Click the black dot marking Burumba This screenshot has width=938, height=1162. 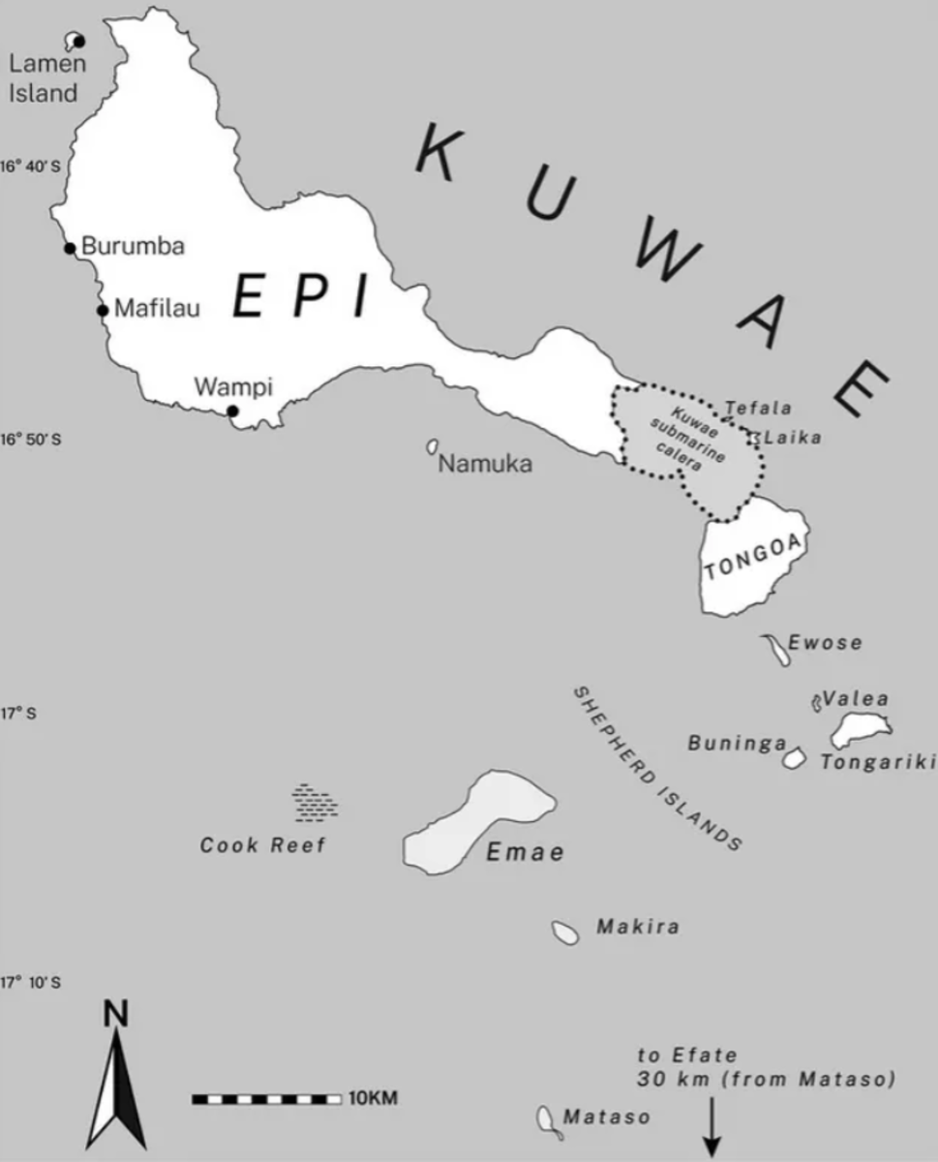[x=70, y=248]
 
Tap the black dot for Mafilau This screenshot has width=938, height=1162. [x=103, y=310]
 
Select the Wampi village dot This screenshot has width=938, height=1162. [x=232, y=411]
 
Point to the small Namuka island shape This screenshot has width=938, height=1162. [x=433, y=446]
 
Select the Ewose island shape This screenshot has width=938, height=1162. [x=776, y=648]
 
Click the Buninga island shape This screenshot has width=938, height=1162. [x=794, y=758]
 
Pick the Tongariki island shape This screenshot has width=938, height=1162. [x=859, y=729]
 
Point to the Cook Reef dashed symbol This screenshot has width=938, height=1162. [x=315, y=801]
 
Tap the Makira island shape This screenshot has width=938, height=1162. [x=565, y=933]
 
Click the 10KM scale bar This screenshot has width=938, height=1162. [x=267, y=1099]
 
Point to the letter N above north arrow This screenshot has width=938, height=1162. [x=116, y=1014]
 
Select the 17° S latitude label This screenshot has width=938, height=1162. [x=17, y=714]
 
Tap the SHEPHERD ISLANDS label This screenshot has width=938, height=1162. [x=657, y=769]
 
